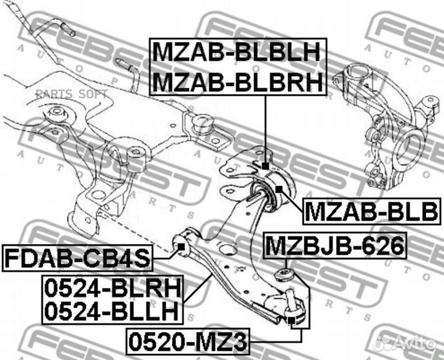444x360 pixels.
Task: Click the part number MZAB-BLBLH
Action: pos(237,51)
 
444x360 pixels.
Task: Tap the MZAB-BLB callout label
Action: pos(371,211)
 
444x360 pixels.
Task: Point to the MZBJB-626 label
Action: pos(335,245)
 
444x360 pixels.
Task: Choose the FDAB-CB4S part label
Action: pos(77,258)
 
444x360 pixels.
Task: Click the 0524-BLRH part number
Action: pos(113,288)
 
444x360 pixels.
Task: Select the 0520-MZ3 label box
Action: pos(188,341)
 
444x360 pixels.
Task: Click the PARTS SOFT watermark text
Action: pos(71,94)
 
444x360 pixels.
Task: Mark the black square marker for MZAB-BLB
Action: pos(279,189)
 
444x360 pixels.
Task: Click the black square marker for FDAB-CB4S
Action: pos(181,247)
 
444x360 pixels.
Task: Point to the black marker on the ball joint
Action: pos(291,321)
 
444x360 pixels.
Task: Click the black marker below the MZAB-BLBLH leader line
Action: pos(265,166)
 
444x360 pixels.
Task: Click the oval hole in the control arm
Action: pos(227,249)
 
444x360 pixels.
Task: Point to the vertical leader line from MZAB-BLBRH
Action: pos(265,129)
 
